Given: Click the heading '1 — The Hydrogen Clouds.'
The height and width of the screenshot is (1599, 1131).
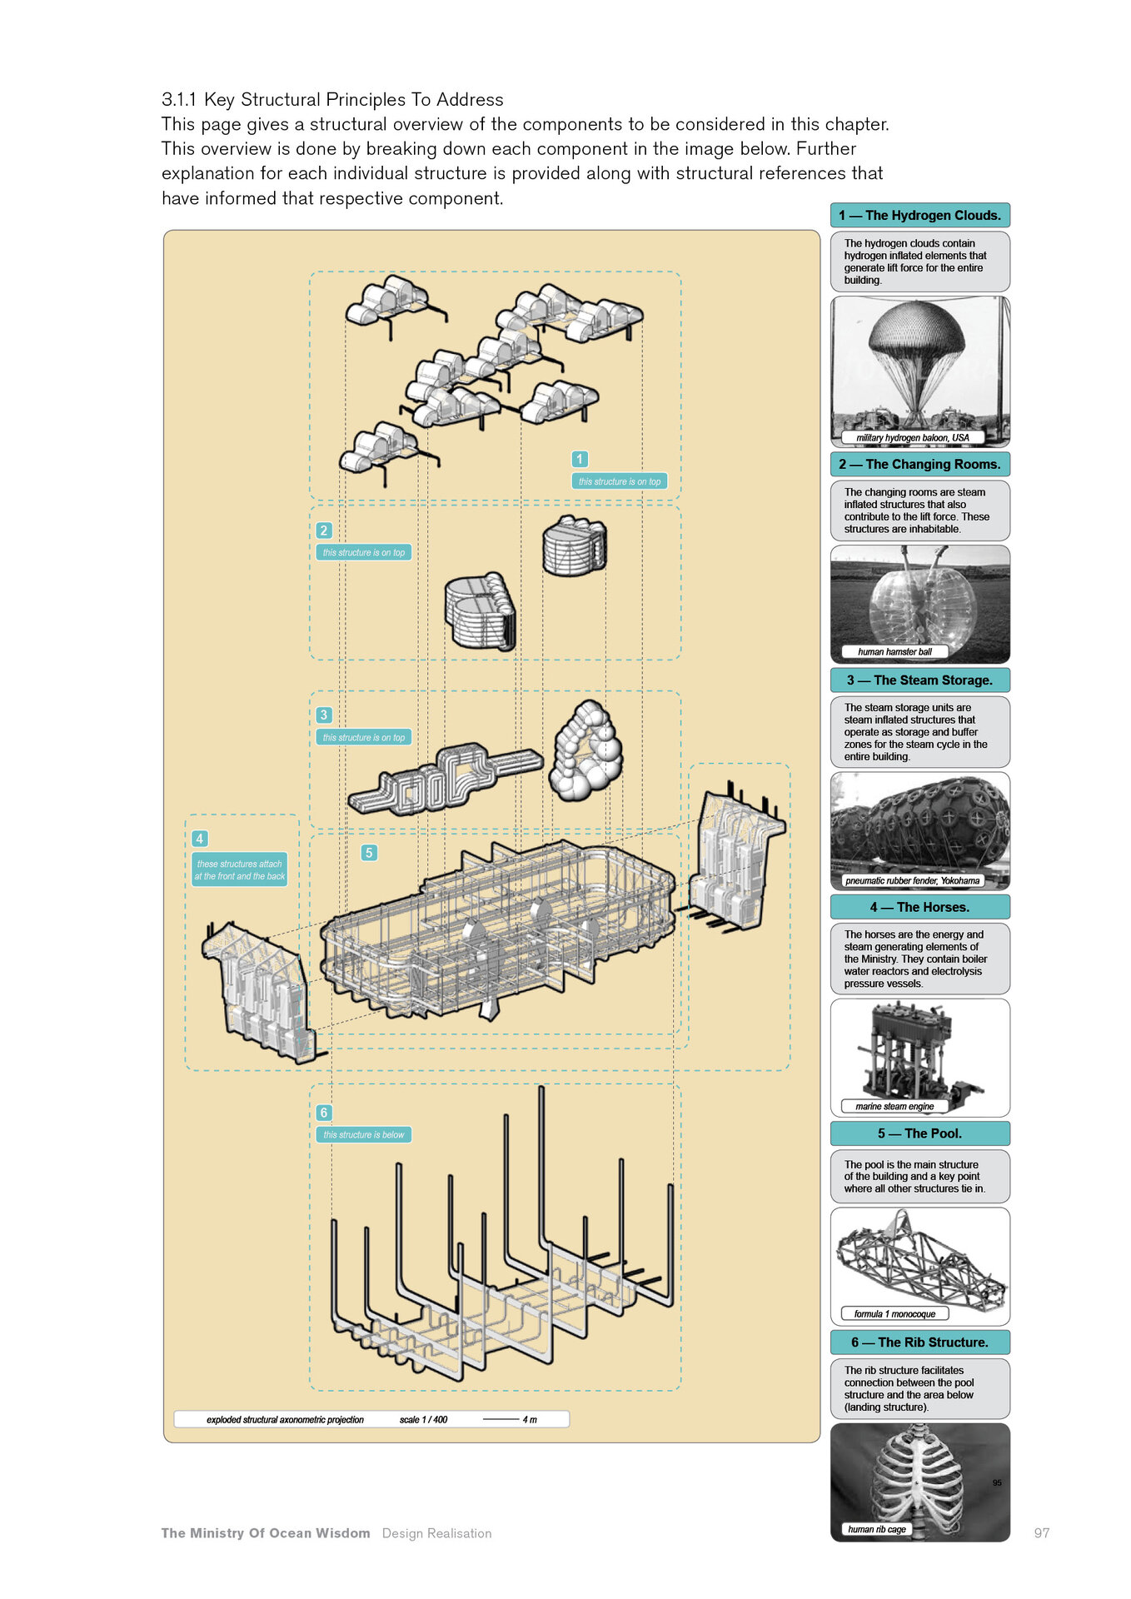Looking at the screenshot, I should coord(919,215).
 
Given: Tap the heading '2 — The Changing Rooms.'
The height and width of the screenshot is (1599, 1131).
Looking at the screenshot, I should coord(919,464).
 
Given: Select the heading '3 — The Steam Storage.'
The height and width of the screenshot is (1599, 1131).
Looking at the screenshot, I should coord(919,680).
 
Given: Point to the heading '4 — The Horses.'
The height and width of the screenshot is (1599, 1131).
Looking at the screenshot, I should coord(919,907).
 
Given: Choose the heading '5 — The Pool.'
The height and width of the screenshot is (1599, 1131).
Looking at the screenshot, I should coord(919,1133).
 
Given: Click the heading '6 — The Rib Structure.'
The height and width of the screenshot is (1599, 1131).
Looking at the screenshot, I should coord(919,1342).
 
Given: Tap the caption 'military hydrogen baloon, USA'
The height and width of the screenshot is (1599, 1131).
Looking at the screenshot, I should coord(913,437).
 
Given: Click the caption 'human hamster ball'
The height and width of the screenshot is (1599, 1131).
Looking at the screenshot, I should coord(894,652).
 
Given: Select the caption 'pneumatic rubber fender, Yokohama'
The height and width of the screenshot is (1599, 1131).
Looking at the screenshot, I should coord(912,880).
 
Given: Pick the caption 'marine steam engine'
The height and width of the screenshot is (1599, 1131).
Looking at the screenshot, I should coord(894,1107).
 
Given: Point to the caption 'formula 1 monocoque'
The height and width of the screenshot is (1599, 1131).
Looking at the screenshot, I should coord(894,1314).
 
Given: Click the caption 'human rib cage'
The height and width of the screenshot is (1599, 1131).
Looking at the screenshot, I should coord(877,1529).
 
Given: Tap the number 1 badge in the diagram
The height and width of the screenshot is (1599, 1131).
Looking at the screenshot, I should coord(580,459).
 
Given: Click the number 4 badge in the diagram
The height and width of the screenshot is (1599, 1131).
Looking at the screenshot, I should coord(199,839).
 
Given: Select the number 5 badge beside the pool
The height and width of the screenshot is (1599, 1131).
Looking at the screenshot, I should coord(369,853).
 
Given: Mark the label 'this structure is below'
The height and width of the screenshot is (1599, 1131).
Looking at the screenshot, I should coord(363,1134).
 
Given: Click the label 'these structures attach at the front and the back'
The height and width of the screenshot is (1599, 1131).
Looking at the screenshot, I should coord(240,870).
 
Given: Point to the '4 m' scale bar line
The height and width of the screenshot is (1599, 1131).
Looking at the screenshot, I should coord(501,1419).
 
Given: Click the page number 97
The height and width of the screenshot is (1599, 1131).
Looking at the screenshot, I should coord(1041,1533).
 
